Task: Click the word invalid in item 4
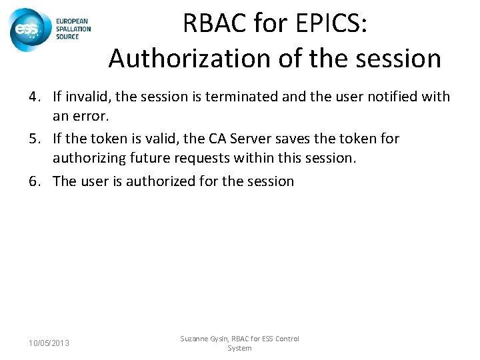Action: tap(87, 97)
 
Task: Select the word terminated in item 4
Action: tap(237, 97)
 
